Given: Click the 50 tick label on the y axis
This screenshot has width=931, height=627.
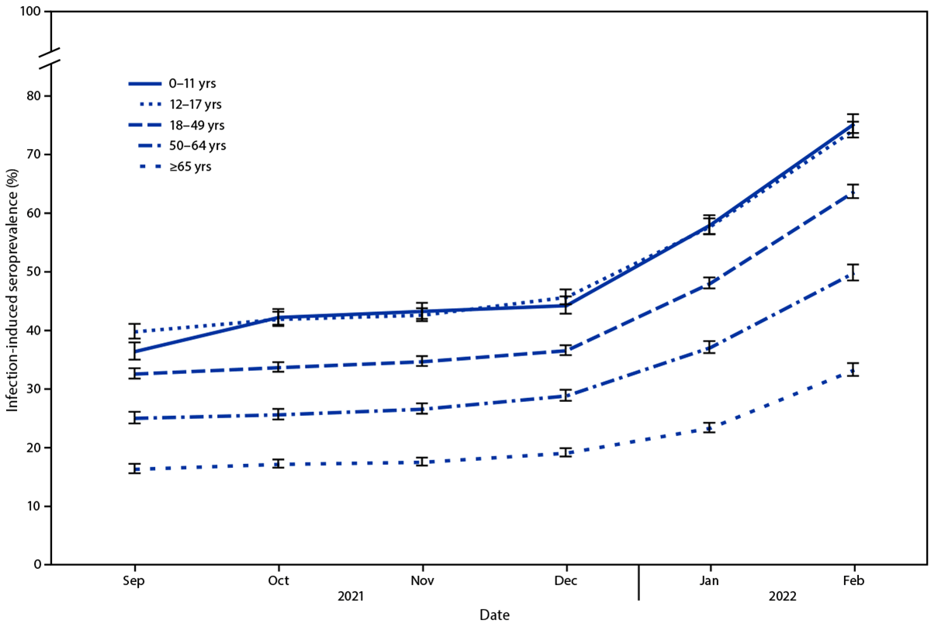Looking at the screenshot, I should tap(34, 272).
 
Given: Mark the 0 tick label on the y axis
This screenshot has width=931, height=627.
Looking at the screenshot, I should tap(37, 564).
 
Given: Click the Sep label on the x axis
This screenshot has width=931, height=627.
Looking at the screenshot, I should tap(134, 580).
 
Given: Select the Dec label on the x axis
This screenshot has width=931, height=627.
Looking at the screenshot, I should tap(566, 580).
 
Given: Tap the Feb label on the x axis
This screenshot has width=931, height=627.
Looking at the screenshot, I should tap(854, 580).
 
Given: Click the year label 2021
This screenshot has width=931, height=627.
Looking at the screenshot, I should tap(350, 597).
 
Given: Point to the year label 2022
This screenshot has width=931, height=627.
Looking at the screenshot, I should tap(782, 597).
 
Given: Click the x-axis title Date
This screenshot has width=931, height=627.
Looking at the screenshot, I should tap(494, 614).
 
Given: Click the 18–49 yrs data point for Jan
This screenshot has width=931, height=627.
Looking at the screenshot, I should tap(710, 282).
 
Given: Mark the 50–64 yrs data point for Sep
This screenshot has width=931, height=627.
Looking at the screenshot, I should tap(134, 418).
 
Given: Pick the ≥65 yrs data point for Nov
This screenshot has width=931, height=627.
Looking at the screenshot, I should tap(422, 462).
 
